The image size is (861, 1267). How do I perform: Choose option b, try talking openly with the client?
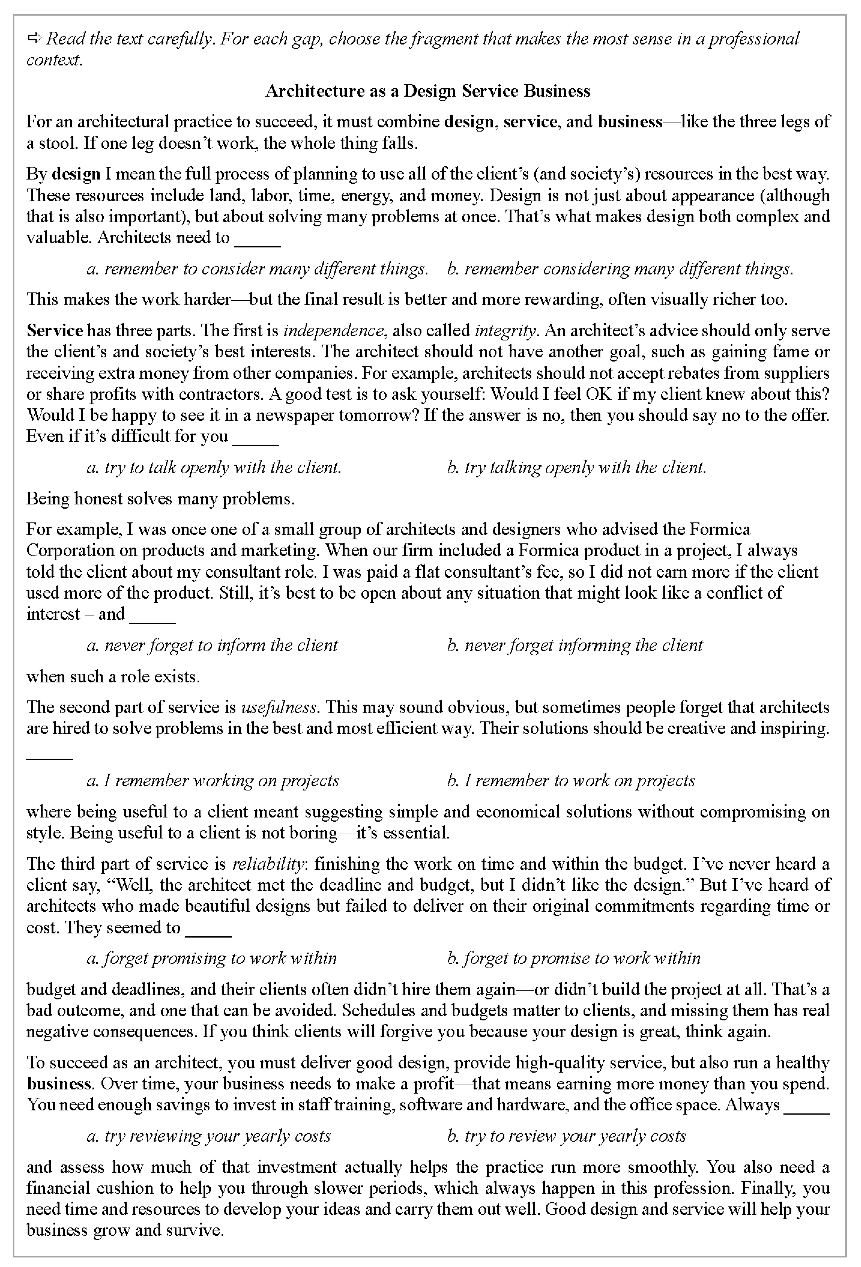click(576, 467)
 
